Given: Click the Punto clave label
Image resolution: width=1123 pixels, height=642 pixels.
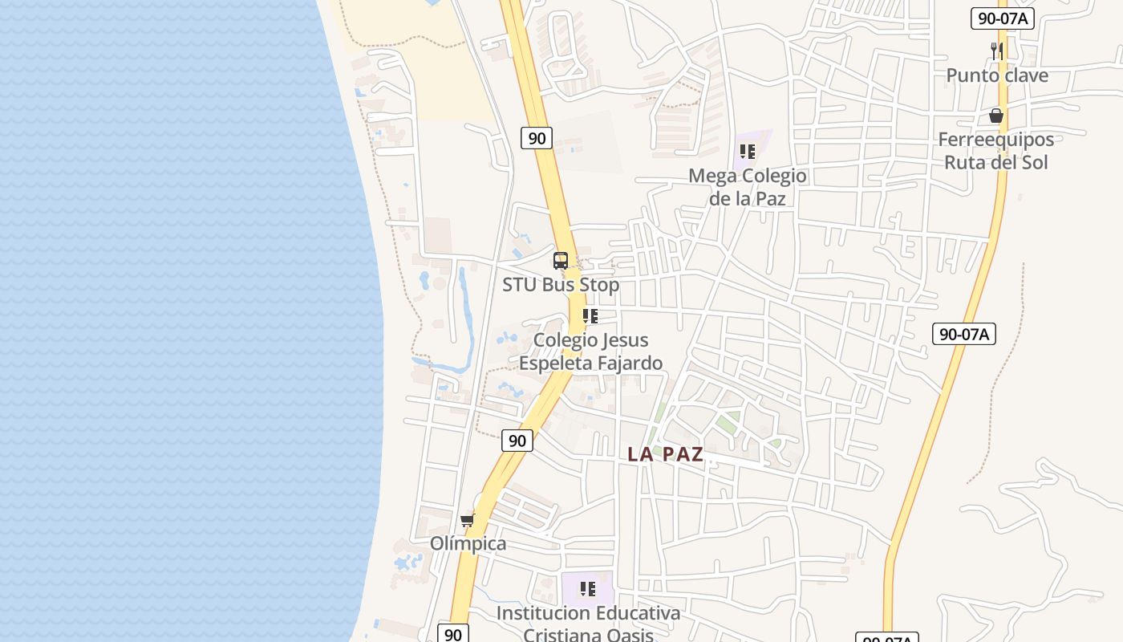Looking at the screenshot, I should point(997,75).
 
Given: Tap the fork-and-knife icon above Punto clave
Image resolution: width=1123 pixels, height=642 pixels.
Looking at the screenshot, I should point(997,51).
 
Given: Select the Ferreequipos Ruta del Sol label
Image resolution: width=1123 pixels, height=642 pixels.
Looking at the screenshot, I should point(996,151).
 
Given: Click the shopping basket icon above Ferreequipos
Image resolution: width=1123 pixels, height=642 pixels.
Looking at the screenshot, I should point(996,116).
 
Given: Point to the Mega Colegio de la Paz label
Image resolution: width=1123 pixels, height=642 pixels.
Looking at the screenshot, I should point(748,186).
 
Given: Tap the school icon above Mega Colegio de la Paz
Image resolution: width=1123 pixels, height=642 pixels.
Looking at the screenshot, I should point(748,151).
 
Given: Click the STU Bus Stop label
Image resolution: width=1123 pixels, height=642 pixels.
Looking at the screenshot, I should point(561,285).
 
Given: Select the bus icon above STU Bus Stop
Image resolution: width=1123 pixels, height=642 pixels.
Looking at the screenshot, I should point(561,261).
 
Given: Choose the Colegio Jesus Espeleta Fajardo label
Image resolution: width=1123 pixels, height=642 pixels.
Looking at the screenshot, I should point(591,351).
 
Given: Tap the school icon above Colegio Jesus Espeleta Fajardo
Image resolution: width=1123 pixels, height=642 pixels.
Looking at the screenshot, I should point(590,316).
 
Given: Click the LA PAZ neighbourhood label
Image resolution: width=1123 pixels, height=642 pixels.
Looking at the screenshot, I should point(665,454).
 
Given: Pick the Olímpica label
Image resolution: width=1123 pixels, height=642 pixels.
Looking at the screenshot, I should point(468,544).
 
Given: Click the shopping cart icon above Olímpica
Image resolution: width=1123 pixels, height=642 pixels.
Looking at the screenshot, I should point(468,521).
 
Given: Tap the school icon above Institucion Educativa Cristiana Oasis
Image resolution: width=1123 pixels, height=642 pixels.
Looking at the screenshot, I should point(588,589).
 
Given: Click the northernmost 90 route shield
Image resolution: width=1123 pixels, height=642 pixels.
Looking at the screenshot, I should point(537,138).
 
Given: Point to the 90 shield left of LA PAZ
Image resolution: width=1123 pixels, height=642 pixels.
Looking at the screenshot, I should point(517,441).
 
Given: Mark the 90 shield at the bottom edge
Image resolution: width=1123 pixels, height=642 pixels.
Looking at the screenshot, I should point(453,634).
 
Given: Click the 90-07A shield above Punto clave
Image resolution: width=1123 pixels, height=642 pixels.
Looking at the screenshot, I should point(1002,18).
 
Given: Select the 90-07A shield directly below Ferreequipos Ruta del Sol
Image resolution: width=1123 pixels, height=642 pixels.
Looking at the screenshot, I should point(963,334).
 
